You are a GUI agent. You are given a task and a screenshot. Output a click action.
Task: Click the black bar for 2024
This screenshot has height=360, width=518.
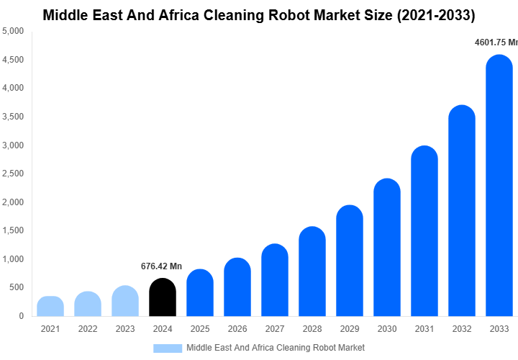click(162, 297)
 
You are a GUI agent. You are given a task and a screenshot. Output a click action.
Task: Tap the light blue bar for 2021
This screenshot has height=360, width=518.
click(50, 306)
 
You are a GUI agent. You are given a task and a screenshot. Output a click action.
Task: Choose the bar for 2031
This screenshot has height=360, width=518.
click(424, 231)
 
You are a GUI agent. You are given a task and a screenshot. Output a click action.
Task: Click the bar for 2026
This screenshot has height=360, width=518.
click(237, 287)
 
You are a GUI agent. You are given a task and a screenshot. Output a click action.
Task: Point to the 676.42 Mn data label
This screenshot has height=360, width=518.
click(161, 266)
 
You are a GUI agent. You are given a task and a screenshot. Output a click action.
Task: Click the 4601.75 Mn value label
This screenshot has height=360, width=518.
click(496, 42)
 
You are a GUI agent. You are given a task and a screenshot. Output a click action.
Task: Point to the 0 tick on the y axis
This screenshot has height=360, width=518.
click(21, 316)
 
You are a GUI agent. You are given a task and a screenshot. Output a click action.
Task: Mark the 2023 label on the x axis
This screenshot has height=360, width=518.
click(125, 329)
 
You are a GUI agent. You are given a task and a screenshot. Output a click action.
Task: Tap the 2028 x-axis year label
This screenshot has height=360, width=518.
click(312, 329)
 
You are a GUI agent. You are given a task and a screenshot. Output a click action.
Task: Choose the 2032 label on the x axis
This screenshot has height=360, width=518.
click(461, 329)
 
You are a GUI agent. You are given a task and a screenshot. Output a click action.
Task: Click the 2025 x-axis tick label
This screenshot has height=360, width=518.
click(199, 329)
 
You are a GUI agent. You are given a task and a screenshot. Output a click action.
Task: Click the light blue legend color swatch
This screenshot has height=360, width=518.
click(168, 348)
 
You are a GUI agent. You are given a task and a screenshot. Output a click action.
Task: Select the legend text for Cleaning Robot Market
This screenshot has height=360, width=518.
click(275, 348)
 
